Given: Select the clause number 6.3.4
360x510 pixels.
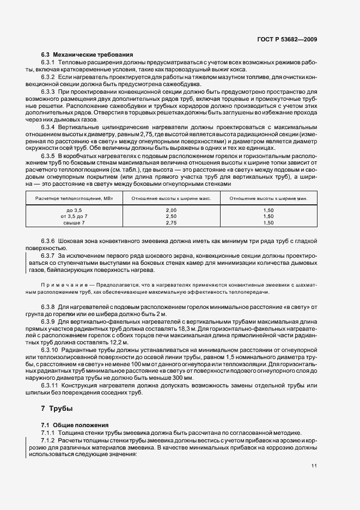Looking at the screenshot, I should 50,126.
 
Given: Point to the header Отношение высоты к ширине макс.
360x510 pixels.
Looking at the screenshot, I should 171,198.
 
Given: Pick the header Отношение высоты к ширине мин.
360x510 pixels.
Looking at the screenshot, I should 269,198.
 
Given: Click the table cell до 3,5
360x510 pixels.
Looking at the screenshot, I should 74,210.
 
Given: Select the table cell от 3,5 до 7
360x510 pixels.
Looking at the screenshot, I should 74,216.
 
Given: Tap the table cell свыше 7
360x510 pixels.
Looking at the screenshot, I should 74,223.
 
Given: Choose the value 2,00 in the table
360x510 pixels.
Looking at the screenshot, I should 171,210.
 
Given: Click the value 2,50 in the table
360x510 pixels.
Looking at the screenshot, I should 171,216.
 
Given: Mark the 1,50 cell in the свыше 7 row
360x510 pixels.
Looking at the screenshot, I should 269,223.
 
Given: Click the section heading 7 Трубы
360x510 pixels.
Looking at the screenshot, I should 57,408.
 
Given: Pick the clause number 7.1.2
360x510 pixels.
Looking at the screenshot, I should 50,439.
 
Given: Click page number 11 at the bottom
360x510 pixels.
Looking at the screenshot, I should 314,466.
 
